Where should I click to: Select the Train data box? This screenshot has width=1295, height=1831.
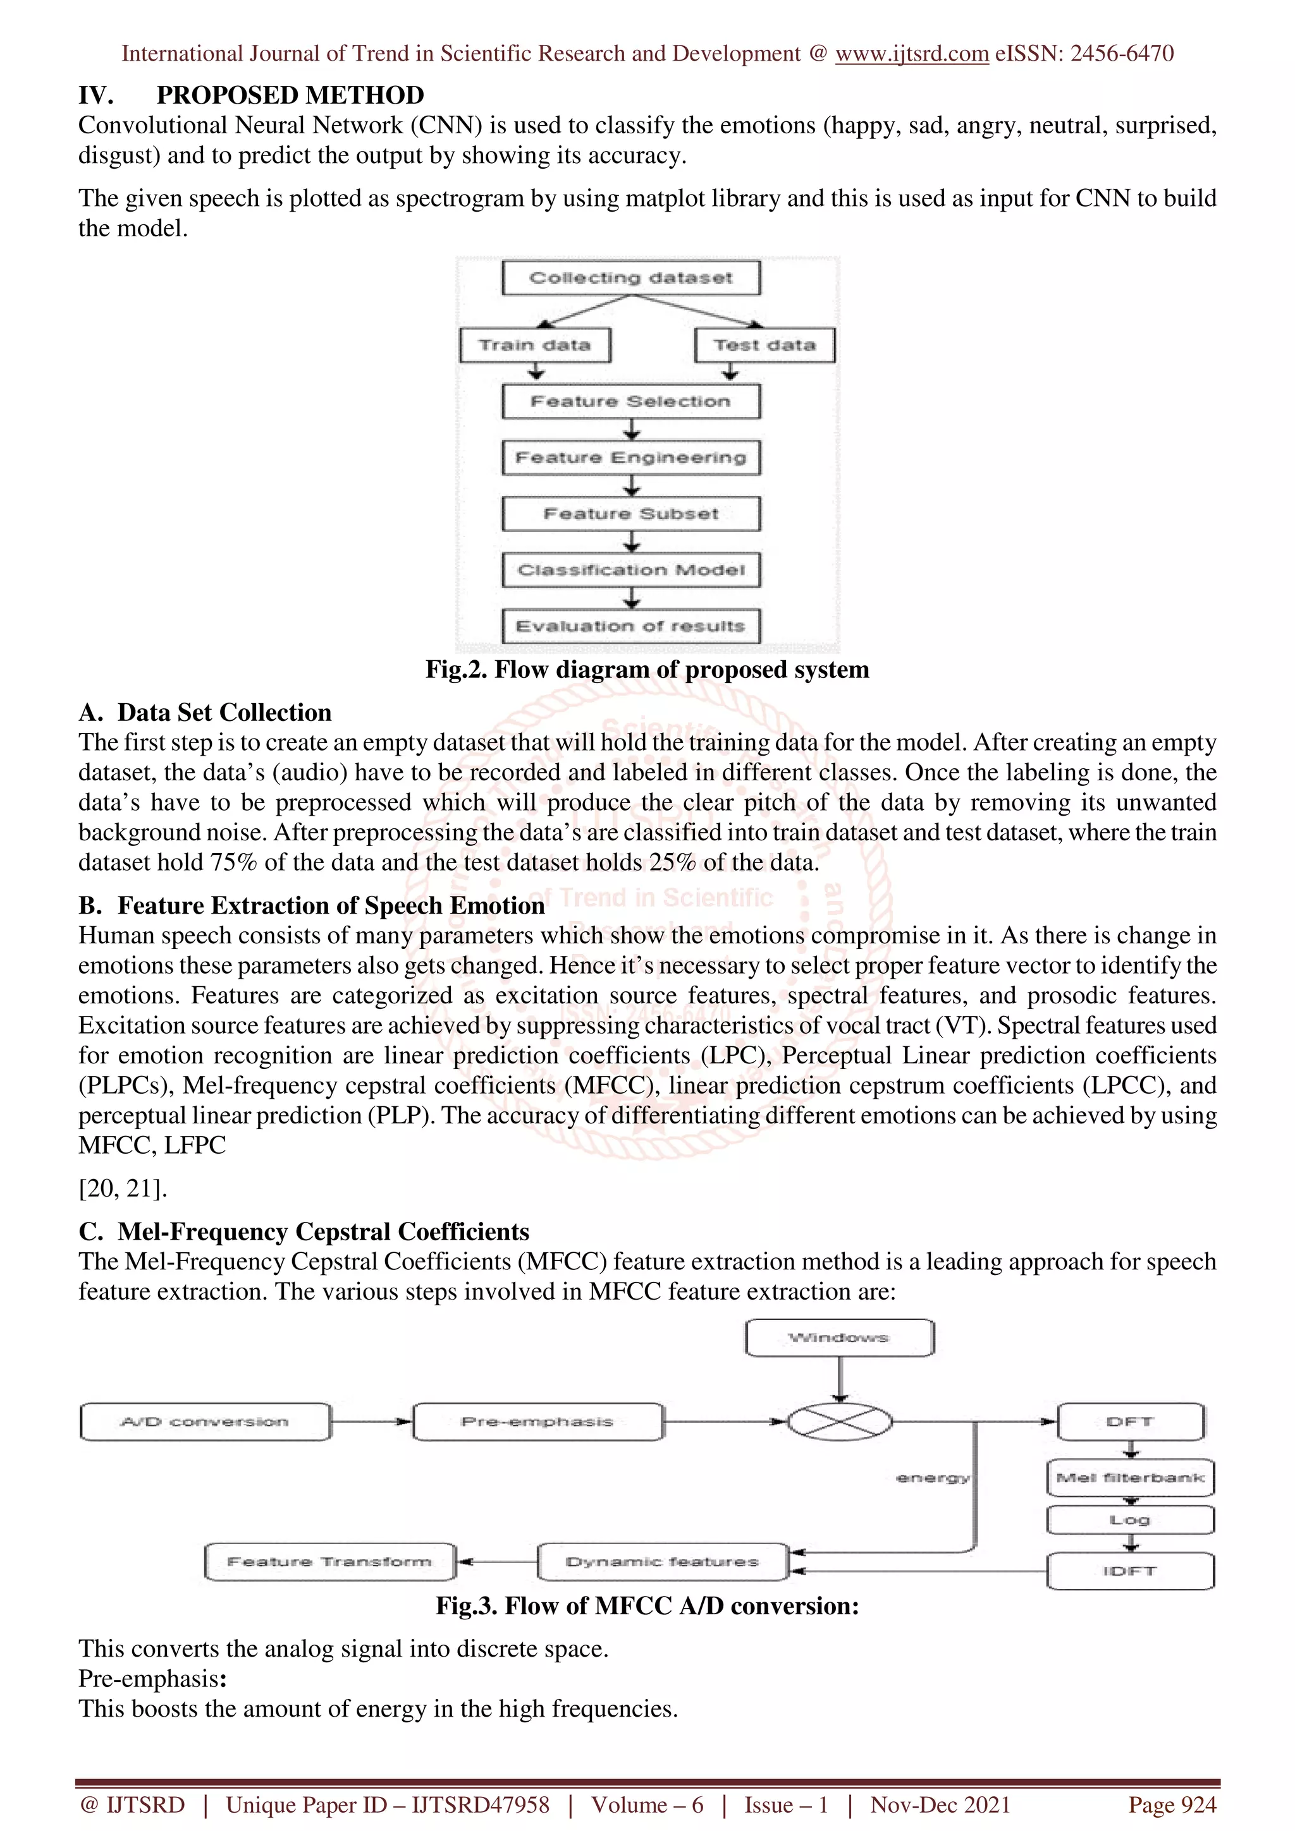(x=534, y=346)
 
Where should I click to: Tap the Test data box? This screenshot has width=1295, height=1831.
(x=764, y=346)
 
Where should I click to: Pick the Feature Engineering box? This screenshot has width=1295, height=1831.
(x=630, y=457)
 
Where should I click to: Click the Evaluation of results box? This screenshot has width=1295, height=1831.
(x=630, y=626)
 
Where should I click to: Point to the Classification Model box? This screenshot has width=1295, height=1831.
(x=630, y=570)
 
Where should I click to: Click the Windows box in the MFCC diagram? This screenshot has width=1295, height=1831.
(x=838, y=1338)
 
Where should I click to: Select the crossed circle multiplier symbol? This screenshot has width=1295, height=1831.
(x=839, y=1421)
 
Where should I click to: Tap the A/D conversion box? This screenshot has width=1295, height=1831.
(x=205, y=1422)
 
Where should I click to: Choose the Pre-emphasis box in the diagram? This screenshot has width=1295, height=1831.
(x=537, y=1422)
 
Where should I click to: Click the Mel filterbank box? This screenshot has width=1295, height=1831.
(x=1130, y=1478)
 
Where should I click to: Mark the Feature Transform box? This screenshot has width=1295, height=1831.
(x=329, y=1561)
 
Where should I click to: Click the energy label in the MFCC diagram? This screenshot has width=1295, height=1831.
(x=932, y=1478)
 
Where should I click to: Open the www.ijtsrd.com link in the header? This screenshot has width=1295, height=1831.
(x=911, y=54)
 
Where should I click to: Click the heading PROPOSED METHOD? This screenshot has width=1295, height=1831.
(x=290, y=95)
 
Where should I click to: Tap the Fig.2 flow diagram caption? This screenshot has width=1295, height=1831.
(x=647, y=669)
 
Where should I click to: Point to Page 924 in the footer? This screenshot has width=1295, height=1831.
(x=1171, y=1804)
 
